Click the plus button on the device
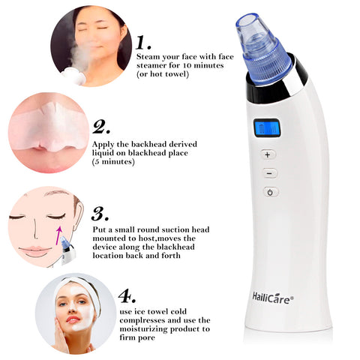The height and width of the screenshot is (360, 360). click(x=268, y=154)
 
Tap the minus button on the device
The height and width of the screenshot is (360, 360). click(x=270, y=173)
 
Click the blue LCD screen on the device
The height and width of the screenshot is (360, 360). click(x=267, y=128)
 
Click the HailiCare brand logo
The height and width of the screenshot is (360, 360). click(x=273, y=298)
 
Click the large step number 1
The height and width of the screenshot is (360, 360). click(x=142, y=42)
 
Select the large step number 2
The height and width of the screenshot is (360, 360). click(x=101, y=127)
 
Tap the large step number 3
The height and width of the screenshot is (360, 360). click(x=100, y=213)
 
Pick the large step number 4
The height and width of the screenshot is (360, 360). click(x=127, y=295)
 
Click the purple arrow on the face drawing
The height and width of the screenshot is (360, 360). click(x=58, y=235)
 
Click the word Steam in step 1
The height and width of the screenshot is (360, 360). click(x=148, y=57)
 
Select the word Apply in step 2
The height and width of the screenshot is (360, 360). click(x=103, y=145)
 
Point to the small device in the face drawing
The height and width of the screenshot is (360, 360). click(x=67, y=250)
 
